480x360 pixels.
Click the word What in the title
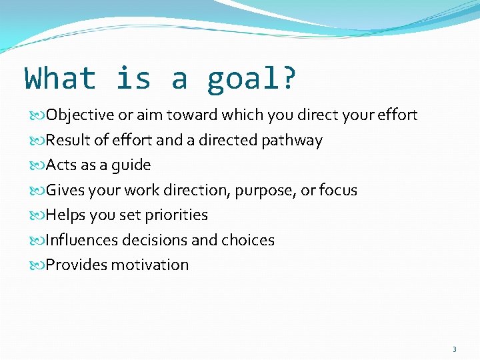pos(61,78)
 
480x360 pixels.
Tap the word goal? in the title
pos(252,79)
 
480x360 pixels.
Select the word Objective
pos(80,115)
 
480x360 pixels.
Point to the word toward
pos(192,115)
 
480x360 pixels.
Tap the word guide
pos(133,165)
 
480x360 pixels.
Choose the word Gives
pos(64,190)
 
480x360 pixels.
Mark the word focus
pos(338,190)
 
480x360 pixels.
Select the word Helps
pos(66,215)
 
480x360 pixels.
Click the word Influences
pos(81,240)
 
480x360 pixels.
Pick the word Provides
pos(76,265)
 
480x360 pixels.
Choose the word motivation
pos(150,265)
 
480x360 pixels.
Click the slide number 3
pos(455,349)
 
